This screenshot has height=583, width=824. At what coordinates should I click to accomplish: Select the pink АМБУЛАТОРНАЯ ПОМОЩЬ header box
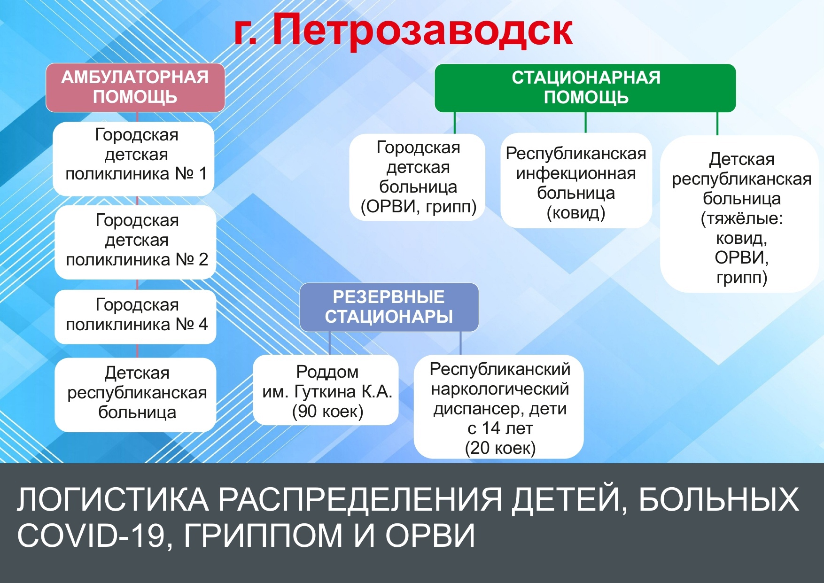coord(135,87)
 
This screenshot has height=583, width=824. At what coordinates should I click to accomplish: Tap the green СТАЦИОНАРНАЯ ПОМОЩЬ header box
coord(585,88)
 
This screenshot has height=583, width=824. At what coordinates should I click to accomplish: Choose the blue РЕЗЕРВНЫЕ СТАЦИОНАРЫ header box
coord(389,307)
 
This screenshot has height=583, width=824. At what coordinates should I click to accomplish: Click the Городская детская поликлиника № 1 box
coord(134,159)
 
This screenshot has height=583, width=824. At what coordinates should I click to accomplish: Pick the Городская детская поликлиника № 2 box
coord(135,242)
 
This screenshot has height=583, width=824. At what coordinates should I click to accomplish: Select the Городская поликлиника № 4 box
coord(135,317)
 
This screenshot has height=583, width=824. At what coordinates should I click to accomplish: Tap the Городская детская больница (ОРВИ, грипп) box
coord(418,177)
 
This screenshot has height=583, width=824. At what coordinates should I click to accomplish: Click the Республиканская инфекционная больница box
coord(576,181)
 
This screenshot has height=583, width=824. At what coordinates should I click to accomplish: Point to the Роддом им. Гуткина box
coord(326,390)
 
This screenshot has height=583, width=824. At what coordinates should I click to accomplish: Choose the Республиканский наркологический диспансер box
coord(499,407)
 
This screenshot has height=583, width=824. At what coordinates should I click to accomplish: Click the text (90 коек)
coord(327,412)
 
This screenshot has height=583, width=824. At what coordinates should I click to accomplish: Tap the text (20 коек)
coord(500,448)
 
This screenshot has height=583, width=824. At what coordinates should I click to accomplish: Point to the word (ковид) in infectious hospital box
coord(576,213)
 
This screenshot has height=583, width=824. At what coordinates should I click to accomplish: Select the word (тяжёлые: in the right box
coord(742,219)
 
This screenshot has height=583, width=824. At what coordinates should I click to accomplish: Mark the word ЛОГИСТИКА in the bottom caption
coord(113,499)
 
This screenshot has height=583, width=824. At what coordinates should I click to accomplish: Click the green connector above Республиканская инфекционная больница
coord(585,123)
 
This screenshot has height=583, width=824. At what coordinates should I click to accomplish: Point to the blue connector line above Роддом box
coord(330,343)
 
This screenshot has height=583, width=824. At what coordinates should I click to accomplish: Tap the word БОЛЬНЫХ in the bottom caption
coord(719,499)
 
